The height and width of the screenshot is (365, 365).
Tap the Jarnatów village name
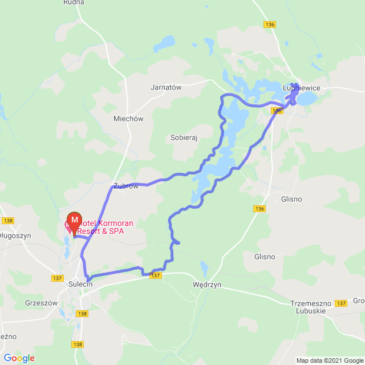(x=165, y=88)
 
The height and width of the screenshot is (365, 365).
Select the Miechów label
(x=128, y=119)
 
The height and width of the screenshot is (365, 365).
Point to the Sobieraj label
(x=184, y=137)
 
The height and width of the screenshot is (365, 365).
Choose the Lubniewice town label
(x=301, y=87)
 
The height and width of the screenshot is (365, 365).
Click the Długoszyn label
(x=15, y=235)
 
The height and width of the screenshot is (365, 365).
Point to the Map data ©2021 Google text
(x=329, y=360)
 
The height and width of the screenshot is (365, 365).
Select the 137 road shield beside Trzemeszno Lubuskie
(x=340, y=303)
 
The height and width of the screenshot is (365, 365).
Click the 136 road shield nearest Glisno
(x=260, y=209)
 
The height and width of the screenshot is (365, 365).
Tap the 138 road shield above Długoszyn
(x=7, y=221)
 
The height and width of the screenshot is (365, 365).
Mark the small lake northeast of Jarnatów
(x=167, y=42)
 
